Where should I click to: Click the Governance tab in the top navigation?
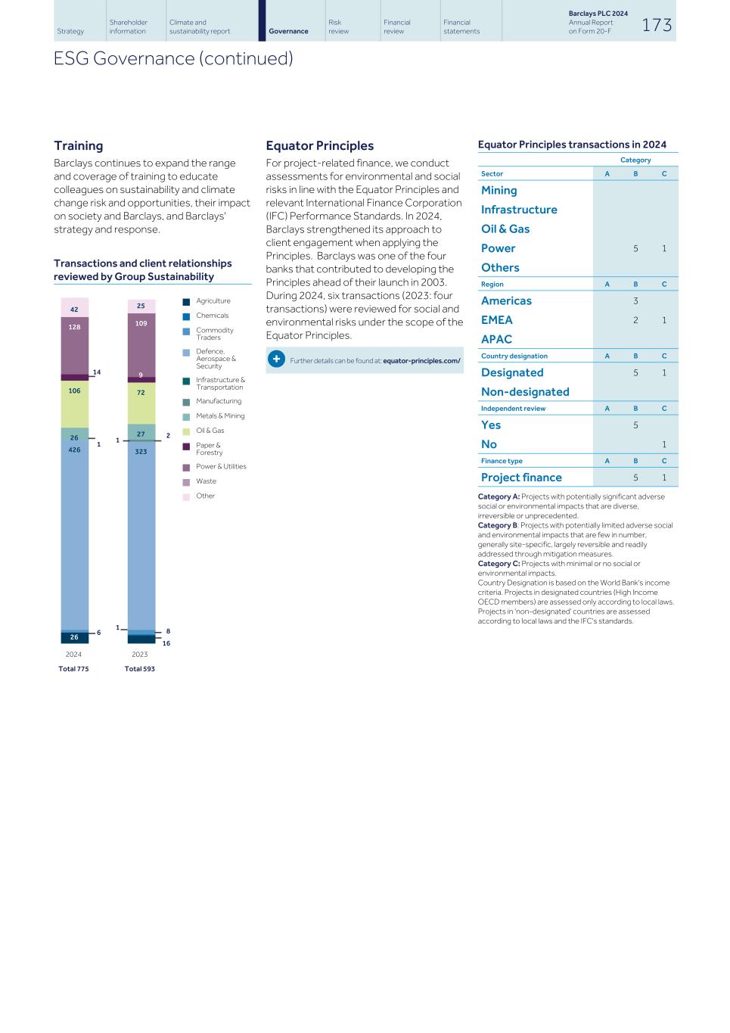tap(288, 31)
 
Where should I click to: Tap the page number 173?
tap(657, 25)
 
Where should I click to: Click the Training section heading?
tap(78, 145)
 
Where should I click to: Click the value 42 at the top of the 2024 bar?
tap(74, 309)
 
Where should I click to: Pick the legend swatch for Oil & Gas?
tap(186, 431)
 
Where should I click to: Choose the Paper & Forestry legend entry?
tap(209, 449)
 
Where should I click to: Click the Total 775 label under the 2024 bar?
tap(73, 669)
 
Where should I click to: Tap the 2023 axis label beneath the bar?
tap(140, 654)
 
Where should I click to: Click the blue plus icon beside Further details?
tap(276, 359)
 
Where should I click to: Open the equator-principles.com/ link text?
tap(421, 360)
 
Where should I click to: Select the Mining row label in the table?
tap(499, 191)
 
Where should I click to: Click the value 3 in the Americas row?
tap(635, 301)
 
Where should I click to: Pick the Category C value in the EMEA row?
tap(664, 320)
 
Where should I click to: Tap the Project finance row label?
tap(521, 478)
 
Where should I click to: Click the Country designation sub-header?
tap(514, 356)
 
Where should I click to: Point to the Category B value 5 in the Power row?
tap(635, 248)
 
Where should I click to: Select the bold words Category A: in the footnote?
tap(499, 496)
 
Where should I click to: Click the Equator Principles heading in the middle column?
tap(319, 145)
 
